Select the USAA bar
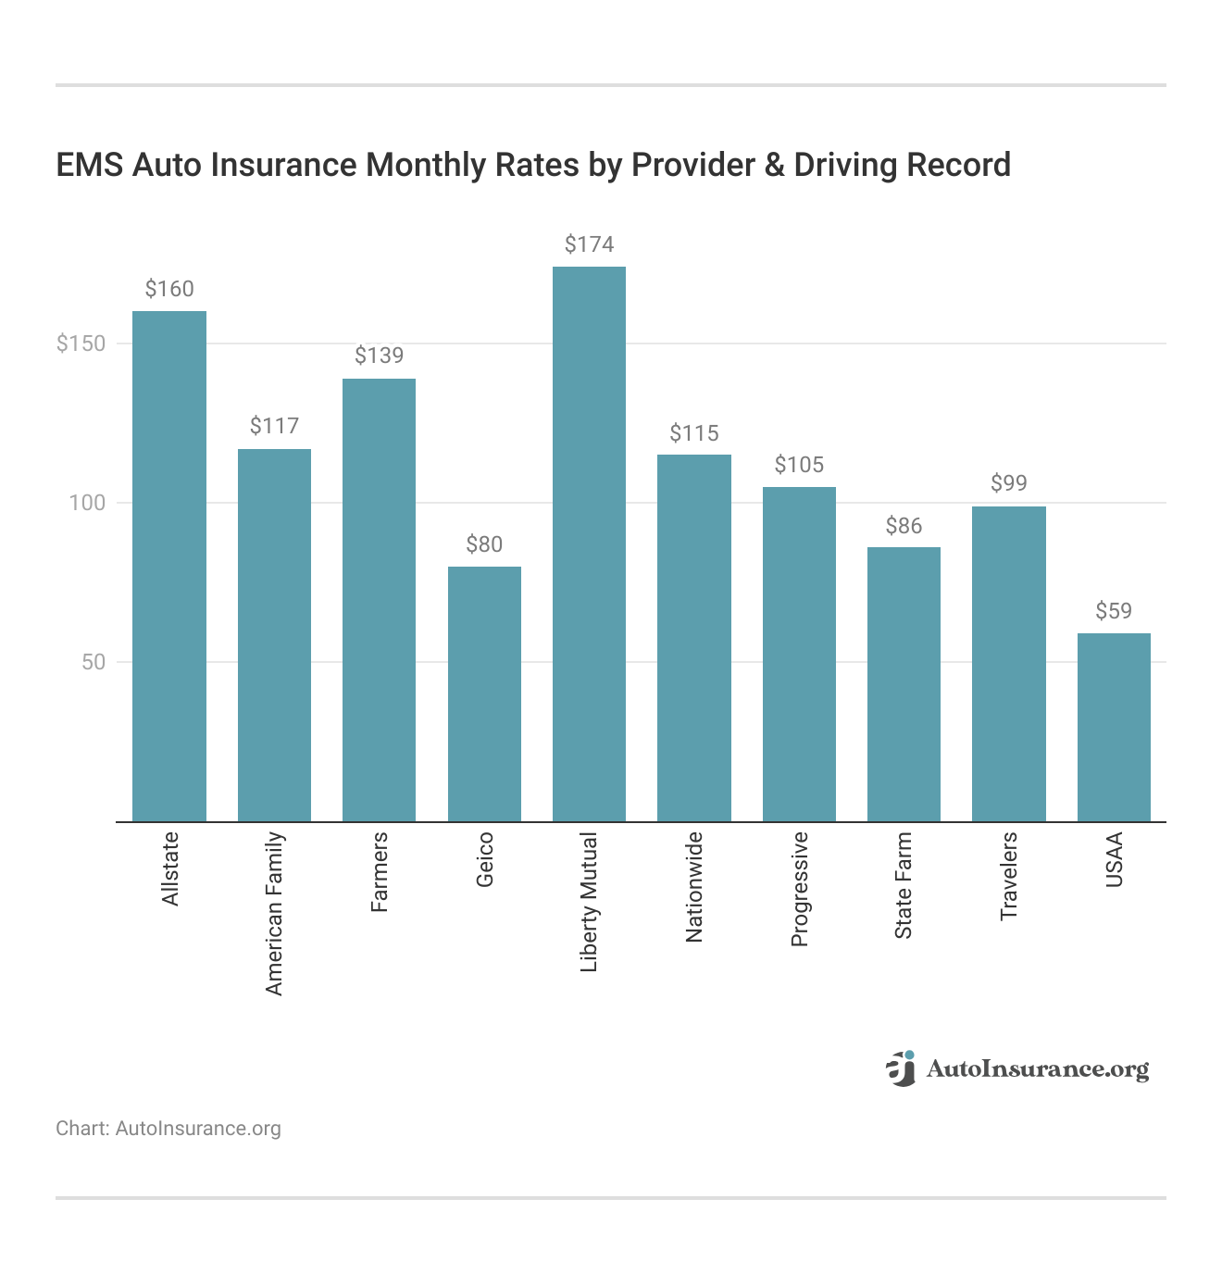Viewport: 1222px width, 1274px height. (x=1114, y=728)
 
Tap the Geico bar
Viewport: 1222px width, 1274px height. (x=484, y=694)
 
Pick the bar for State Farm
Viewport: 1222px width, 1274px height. (x=904, y=684)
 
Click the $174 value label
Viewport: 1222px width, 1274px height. (x=589, y=244)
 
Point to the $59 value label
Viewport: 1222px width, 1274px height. (x=1114, y=611)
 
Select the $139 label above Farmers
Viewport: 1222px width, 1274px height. (x=379, y=356)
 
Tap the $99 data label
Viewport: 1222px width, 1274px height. (x=1009, y=483)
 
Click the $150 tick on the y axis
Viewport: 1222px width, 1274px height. (x=81, y=343)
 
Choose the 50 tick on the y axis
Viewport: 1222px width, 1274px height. (x=93, y=662)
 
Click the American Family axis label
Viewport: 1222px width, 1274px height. (x=274, y=914)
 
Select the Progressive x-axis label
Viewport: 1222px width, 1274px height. (x=800, y=889)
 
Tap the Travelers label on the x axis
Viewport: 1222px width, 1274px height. (x=1009, y=876)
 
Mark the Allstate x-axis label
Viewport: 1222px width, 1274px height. (x=169, y=868)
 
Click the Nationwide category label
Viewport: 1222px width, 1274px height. (x=694, y=887)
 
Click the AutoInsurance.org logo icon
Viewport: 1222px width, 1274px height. (x=901, y=1068)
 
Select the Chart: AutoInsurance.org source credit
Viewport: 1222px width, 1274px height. (x=168, y=1129)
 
